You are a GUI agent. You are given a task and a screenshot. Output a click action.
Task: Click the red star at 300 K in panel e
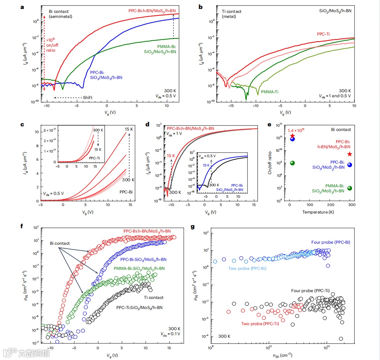(350, 154)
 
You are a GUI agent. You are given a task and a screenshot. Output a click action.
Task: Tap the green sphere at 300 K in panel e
(350, 188)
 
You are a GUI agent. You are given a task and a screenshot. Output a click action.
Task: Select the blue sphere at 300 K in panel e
(350, 165)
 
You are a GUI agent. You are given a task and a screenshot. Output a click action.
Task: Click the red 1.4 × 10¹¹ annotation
(296, 131)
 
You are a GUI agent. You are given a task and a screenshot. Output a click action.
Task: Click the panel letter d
(147, 125)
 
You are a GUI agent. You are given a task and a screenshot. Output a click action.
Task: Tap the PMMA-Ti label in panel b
(270, 92)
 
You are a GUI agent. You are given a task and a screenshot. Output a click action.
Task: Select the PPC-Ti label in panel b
(323, 34)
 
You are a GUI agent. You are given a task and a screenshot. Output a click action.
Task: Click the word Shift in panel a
(88, 98)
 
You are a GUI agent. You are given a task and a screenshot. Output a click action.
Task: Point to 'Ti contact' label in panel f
(153, 298)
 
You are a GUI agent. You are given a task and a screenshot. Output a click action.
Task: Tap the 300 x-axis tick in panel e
(351, 206)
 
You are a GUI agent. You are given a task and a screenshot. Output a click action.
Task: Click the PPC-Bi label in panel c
(126, 192)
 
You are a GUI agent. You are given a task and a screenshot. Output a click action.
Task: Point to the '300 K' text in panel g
(224, 336)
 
